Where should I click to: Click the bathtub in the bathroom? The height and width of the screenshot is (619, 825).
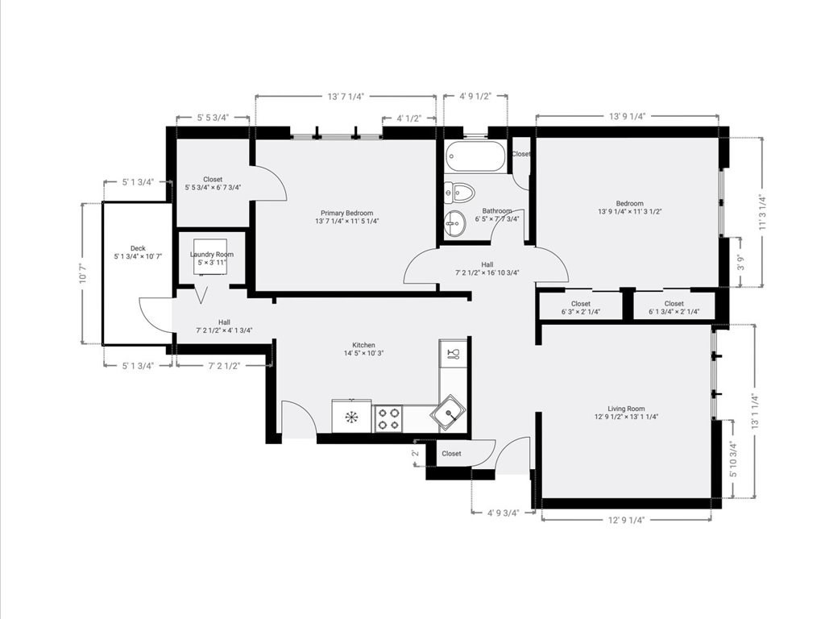pyautogui.click(x=475, y=156)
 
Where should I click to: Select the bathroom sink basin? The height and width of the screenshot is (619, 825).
pyautogui.click(x=455, y=221)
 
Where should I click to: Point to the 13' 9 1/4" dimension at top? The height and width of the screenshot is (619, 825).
pyautogui.click(x=626, y=116)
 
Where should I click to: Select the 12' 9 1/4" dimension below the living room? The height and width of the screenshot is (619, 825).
pyautogui.click(x=626, y=519)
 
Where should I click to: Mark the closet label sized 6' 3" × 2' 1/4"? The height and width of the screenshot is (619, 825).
pyautogui.click(x=580, y=308)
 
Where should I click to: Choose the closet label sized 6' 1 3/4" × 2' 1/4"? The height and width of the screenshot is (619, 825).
pyautogui.click(x=674, y=308)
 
